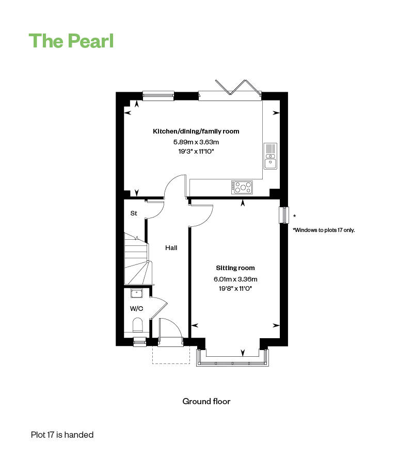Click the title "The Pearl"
(71, 41)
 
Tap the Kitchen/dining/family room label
(196, 131)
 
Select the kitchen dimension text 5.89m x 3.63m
(196, 142)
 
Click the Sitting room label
(235, 268)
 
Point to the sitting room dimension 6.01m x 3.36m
(235, 279)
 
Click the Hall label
(171, 248)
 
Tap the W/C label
(136, 309)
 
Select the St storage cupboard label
(133, 213)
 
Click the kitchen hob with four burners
(242, 187)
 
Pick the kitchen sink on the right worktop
(271, 156)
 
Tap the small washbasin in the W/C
(136, 293)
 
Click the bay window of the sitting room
(233, 360)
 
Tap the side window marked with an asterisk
(283, 215)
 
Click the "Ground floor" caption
(206, 401)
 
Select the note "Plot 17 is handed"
(62, 435)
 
